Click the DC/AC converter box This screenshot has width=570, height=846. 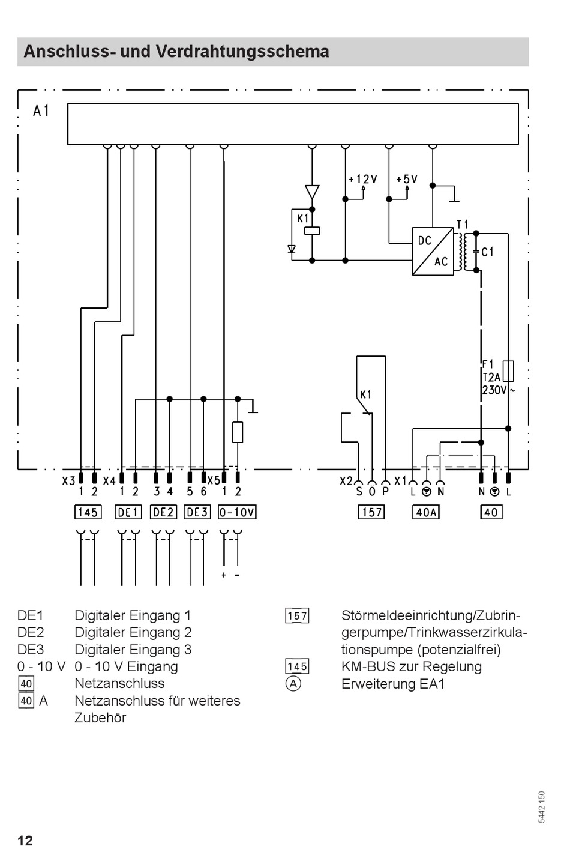click(x=433, y=251)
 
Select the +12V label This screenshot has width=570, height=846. click(x=363, y=179)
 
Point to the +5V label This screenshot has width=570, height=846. click(x=407, y=179)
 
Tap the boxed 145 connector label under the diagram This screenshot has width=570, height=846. click(x=88, y=512)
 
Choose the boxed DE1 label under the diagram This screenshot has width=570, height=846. click(x=128, y=512)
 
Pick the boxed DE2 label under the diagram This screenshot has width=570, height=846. click(x=163, y=512)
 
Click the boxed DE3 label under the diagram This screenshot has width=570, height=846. click(x=197, y=512)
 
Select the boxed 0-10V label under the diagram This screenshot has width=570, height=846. click(x=237, y=512)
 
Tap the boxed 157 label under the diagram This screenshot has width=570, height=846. click(x=371, y=512)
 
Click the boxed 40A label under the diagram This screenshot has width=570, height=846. click(x=426, y=512)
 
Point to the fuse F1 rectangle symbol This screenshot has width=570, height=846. click(x=508, y=371)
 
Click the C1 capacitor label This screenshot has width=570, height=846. click(x=487, y=252)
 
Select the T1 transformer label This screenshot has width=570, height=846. click(x=463, y=225)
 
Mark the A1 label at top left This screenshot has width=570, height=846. click(x=41, y=111)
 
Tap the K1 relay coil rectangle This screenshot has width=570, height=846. click(x=312, y=231)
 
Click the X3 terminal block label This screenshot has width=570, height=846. click(x=69, y=481)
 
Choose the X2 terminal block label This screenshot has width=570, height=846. click(x=346, y=481)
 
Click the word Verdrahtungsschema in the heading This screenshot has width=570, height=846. click(x=242, y=52)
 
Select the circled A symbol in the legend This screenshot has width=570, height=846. click(x=293, y=684)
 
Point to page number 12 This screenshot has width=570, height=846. click(x=25, y=840)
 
